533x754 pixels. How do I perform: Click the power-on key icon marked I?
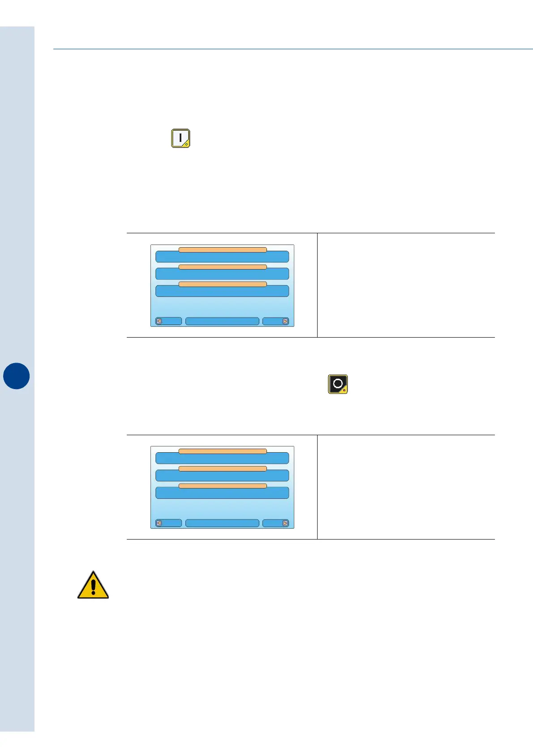tap(181, 138)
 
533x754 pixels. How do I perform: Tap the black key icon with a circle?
tap(338, 384)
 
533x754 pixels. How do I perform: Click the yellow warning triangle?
tap(93, 586)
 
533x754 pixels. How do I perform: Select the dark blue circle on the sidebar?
tap(17, 376)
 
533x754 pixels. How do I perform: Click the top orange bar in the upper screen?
tap(223, 250)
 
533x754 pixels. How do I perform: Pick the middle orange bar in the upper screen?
tap(223, 267)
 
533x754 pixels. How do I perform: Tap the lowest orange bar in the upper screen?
tap(223, 284)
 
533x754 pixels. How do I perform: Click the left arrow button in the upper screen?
tap(168, 321)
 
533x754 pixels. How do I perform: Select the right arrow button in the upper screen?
tap(276, 321)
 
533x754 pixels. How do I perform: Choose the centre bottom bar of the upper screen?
tap(222, 321)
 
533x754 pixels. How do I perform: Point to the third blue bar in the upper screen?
tap(222, 292)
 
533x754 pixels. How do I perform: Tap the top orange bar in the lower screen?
tap(223, 451)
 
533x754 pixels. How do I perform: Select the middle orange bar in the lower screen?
tap(223, 469)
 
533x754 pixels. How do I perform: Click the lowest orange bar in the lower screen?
tap(223, 486)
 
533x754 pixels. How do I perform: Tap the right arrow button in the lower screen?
tap(276, 523)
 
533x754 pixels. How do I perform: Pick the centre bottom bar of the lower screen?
tap(222, 523)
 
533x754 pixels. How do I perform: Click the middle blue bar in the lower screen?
tap(222, 476)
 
